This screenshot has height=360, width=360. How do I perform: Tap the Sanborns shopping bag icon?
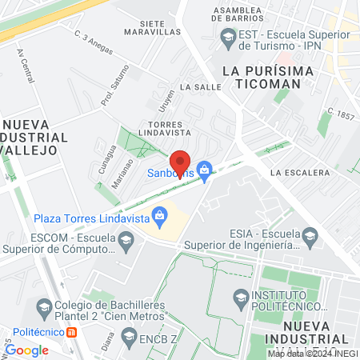click(205, 169)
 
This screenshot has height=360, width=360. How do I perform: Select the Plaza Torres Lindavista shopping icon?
click(161, 214)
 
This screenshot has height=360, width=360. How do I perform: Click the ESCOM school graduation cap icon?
click(126, 239)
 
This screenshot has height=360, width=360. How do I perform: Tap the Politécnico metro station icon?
click(73, 332)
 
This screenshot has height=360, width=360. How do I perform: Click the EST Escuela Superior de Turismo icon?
click(228, 37)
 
